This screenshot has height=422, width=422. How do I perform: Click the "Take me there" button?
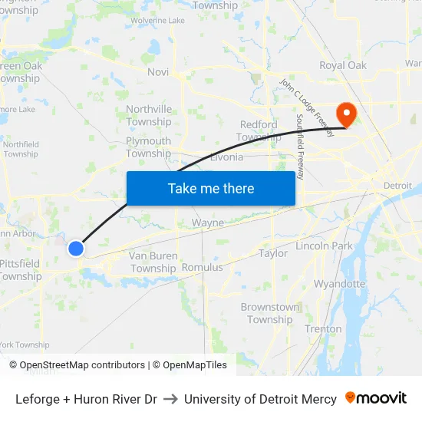click(x=211, y=188)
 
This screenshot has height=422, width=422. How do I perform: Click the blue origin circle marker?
click(x=75, y=248)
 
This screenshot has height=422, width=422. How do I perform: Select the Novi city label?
click(x=157, y=71)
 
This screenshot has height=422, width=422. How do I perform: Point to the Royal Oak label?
click(x=343, y=65)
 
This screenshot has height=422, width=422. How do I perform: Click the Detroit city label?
click(x=397, y=186)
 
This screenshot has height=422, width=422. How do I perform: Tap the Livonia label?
click(x=226, y=157)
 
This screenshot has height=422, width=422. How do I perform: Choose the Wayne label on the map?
click(x=207, y=223)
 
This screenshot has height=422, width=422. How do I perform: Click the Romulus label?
click(x=202, y=267)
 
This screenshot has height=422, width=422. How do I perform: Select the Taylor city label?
click(x=273, y=253)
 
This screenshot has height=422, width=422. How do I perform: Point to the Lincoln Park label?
click(x=324, y=246)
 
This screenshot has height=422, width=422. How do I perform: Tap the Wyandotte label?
click(x=340, y=283)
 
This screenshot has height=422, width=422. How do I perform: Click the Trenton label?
click(x=323, y=328)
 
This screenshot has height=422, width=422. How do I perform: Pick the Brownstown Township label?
click(x=270, y=313)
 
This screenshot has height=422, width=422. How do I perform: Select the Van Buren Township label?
click(x=153, y=262)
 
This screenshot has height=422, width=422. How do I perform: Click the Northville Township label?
click(x=149, y=115)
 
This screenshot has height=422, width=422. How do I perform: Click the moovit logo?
click(x=376, y=398)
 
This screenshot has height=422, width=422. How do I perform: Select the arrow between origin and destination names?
click(x=170, y=399)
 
